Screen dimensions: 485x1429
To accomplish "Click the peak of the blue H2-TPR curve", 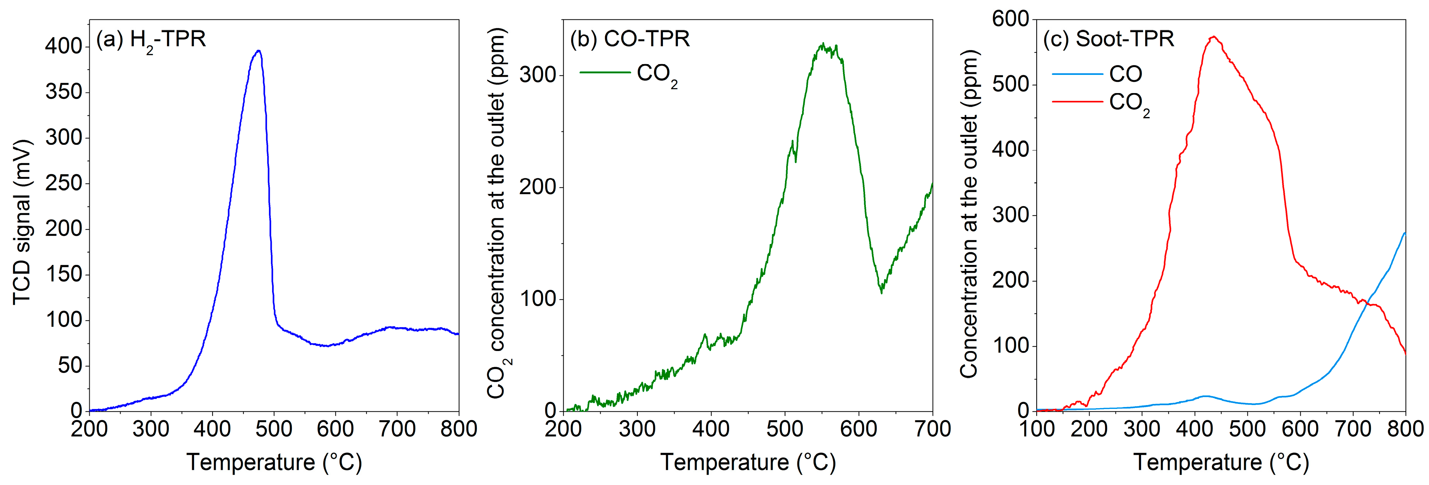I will coord(258,51).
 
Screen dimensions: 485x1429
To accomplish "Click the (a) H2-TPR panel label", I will coord(151,39).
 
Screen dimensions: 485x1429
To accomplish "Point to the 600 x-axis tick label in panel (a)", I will coord(335,429).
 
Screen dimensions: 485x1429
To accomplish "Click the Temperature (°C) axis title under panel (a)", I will coord(274,462).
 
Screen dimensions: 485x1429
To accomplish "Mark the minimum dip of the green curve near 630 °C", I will coord(881,291).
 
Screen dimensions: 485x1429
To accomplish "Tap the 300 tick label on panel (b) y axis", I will coord(538,75).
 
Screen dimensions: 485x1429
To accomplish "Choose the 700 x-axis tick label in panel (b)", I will coord(932,429).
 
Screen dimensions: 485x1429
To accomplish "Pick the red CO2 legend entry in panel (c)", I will coord(1101,103).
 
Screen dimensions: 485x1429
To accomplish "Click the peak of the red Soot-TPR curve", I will coord(1214,37).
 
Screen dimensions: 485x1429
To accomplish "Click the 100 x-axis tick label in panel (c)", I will coord(1037,429).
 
